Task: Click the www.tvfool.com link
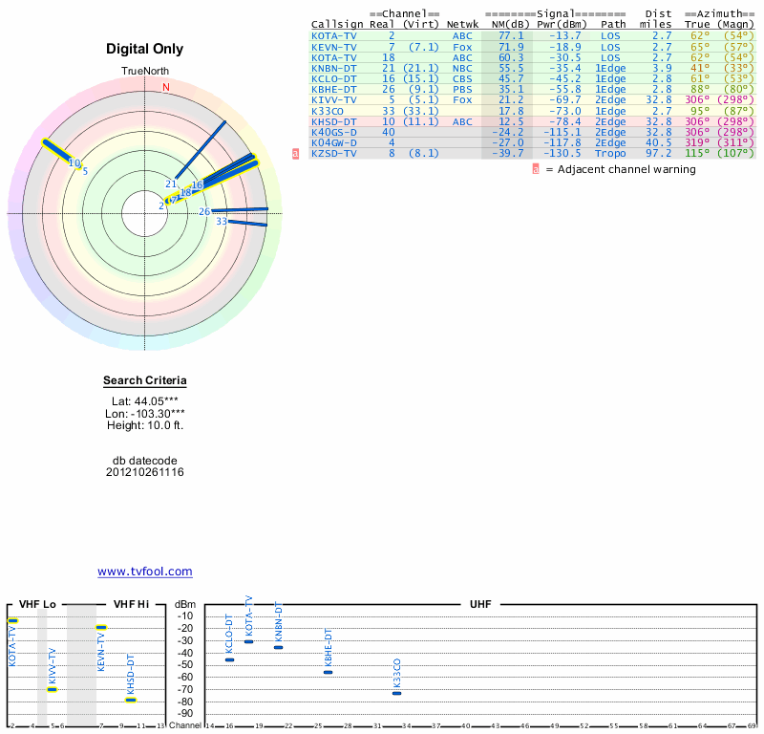pyautogui.click(x=145, y=572)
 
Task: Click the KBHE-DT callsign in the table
pyautogui.click(x=334, y=89)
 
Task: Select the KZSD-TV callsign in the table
pyautogui.click(x=334, y=153)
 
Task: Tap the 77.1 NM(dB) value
pyautogui.click(x=510, y=35)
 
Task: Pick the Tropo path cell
pyautogui.click(x=611, y=153)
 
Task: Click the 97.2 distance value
pyautogui.click(x=662, y=153)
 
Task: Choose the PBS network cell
pyautogui.click(x=462, y=89)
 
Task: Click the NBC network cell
pyautogui.click(x=462, y=68)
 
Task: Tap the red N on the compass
pyautogui.click(x=166, y=87)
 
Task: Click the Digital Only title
pyautogui.click(x=145, y=49)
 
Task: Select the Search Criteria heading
pyautogui.click(x=145, y=380)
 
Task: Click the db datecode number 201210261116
pyautogui.click(x=145, y=472)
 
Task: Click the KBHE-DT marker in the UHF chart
pyautogui.click(x=328, y=672)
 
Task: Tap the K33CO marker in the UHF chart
pyautogui.click(x=397, y=693)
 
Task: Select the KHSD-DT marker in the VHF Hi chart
pyautogui.click(x=131, y=700)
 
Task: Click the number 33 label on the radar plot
pyautogui.click(x=222, y=222)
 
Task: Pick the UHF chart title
pyautogui.click(x=479, y=605)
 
